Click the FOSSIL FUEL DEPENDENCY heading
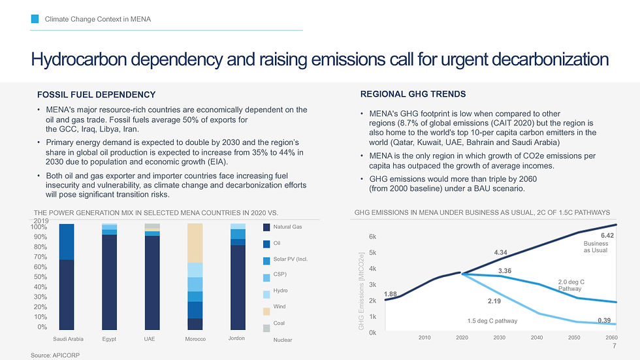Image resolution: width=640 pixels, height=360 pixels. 96,95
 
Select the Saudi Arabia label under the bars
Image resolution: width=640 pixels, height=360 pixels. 68,339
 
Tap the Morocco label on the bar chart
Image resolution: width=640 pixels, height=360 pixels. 195,339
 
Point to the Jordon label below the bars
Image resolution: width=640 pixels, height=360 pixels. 237,338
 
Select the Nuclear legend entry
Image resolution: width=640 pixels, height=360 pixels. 283,340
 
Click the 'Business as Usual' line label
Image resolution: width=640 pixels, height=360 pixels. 595,247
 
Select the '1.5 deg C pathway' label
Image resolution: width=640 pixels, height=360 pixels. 492,321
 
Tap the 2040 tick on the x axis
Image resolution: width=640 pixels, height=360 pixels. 537,337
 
